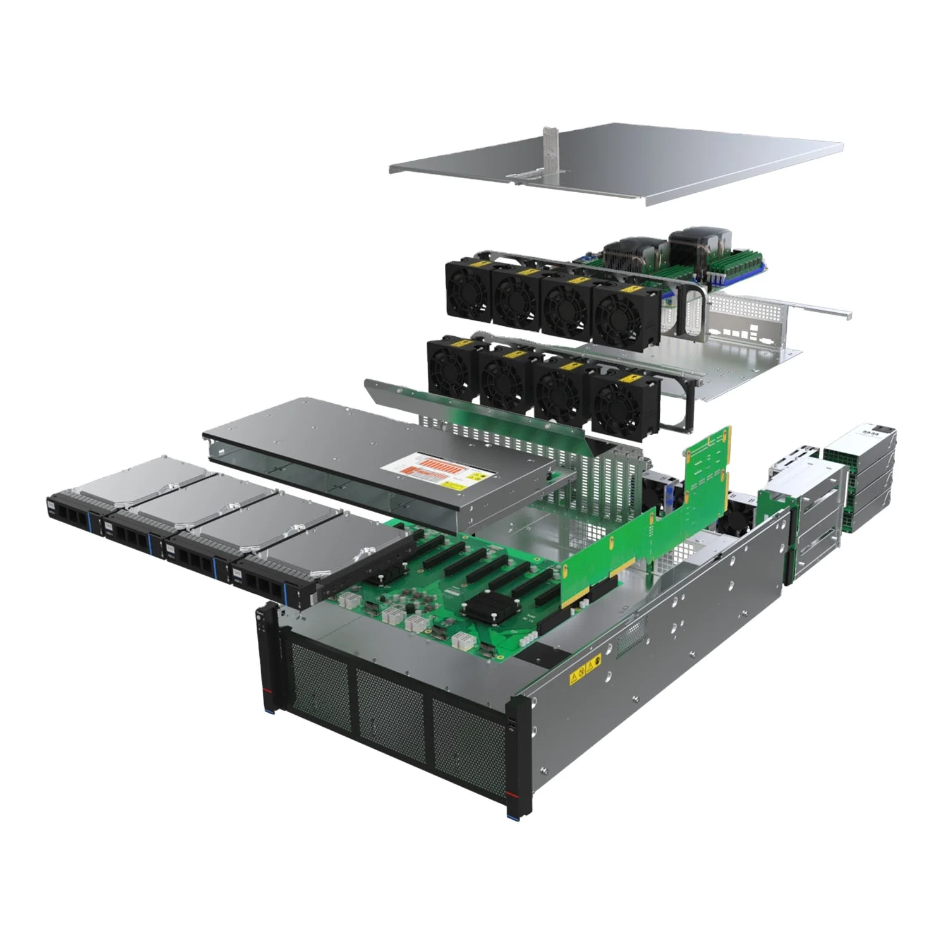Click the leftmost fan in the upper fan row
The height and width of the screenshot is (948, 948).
pos(468,290)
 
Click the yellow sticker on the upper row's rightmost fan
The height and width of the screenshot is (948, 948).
pos(629,290)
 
